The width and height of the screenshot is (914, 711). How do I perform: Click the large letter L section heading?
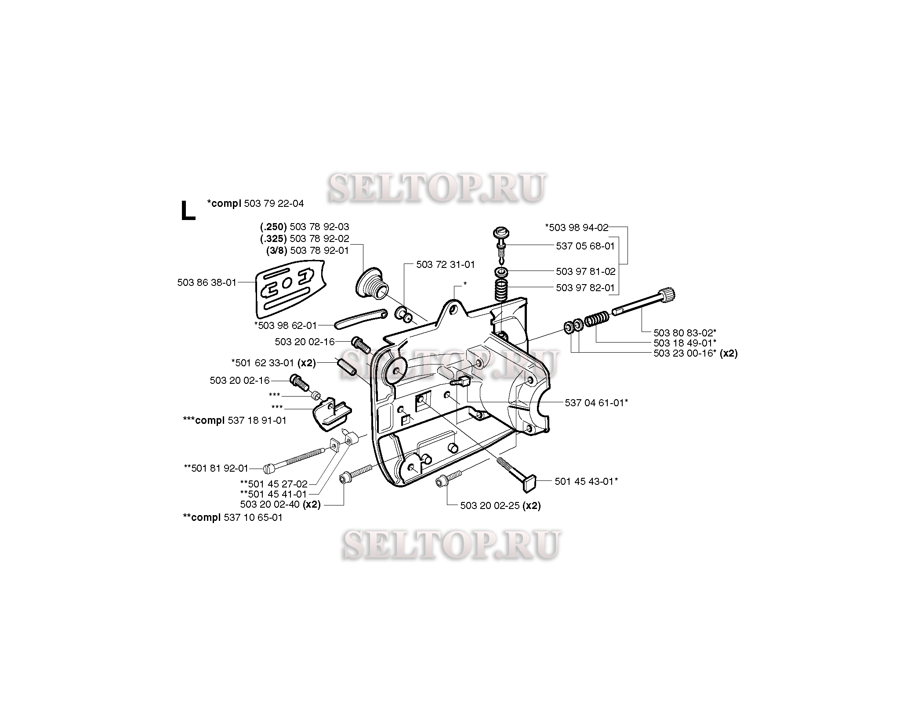pos(188,211)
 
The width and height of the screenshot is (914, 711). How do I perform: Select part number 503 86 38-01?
pos(207,282)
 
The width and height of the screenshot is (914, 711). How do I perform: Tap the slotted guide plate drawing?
pos(290,289)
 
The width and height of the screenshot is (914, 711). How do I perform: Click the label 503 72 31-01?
pos(445,264)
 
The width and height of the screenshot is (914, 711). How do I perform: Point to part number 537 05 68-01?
pos(585,246)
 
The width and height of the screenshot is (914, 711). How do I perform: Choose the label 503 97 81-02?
pos(585,271)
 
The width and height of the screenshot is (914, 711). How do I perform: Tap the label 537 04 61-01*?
pos(596,402)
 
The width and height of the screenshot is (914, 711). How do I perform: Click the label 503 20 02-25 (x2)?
pos(501,505)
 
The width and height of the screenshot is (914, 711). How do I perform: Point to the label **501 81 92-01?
pos(216,468)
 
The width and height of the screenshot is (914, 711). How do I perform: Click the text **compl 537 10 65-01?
pos(232,517)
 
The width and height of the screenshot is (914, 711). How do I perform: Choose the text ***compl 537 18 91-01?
pos(234,420)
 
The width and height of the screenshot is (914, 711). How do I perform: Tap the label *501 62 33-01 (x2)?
pos(273,363)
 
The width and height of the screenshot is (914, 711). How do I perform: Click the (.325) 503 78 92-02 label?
pos(305,238)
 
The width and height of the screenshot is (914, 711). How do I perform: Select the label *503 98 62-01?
pos(285,325)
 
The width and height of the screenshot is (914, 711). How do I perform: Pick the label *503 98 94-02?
pos(577,227)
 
